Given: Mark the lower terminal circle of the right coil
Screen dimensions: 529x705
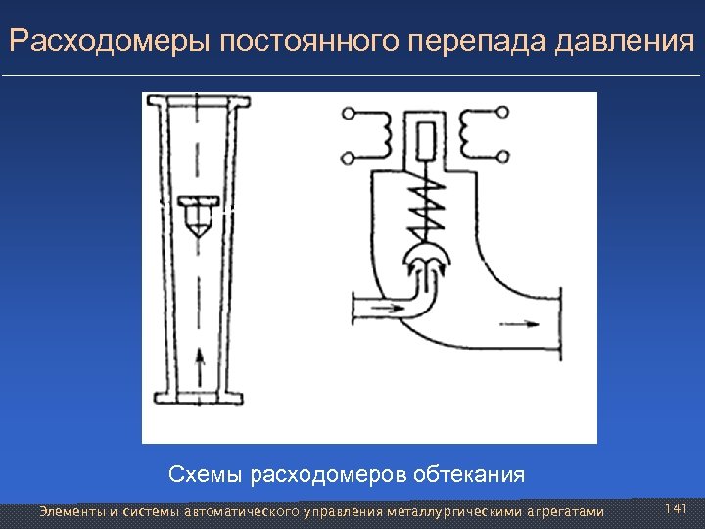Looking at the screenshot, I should point(502,155).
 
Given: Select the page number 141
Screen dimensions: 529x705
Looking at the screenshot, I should point(677,509).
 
